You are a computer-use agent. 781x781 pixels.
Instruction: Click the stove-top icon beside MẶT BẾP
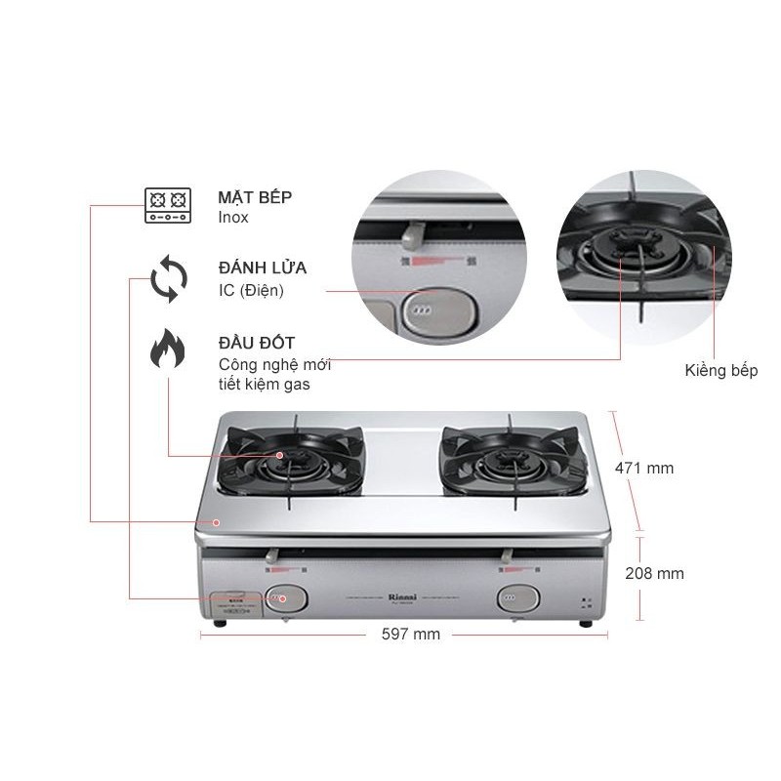click(x=166, y=206)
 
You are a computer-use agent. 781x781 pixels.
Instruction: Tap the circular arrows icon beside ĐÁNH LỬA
click(x=168, y=279)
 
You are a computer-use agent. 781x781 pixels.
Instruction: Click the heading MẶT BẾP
click(x=255, y=196)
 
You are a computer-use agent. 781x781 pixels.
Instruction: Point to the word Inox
click(x=233, y=217)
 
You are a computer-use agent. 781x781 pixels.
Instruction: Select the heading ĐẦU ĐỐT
click(x=257, y=344)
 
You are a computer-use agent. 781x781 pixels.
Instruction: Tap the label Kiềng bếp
click(x=721, y=371)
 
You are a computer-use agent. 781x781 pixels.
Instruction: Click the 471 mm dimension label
click(x=643, y=469)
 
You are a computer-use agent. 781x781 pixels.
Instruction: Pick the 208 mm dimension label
click(x=655, y=573)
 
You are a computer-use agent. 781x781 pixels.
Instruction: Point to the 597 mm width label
click(x=410, y=635)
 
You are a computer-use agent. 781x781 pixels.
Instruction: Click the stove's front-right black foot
click(x=587, y=622)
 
